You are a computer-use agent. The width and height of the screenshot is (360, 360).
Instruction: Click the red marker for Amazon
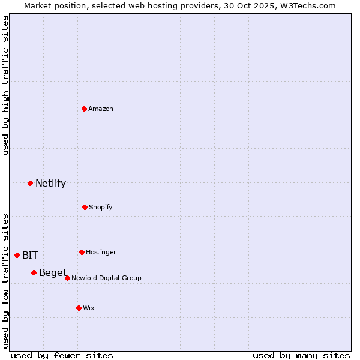tap(85, 109)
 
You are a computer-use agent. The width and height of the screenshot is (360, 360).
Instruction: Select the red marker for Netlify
tap(30, 183)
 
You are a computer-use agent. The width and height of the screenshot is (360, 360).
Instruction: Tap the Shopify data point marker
tap(85, 207)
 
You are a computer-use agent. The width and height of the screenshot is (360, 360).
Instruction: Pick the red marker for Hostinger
tap(82, 252)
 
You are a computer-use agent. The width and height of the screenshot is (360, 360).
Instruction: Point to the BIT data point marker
tap(17, 255)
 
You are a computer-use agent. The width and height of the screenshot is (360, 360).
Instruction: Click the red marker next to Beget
tap(34, 273)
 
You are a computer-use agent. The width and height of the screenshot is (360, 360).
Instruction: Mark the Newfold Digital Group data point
tap(67, 278)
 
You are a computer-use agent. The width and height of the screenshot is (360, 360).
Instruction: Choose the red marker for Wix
tap(79, 308)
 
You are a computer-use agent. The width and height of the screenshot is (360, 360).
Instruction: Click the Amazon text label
tap(101, 109)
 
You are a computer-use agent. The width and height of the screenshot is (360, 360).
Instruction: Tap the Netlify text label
tap(50, 183)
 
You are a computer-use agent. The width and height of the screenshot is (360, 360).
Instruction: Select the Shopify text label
tap(101, 207)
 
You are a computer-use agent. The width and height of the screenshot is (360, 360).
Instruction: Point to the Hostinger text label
tap(101, 252)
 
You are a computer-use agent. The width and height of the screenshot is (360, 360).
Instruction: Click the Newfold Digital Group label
tap(106, 278)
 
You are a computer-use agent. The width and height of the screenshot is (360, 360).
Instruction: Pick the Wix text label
tap(89, 308)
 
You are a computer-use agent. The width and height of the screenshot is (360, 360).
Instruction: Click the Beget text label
tap(53, 273)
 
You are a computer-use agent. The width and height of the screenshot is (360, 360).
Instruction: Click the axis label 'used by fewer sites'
tap(62, 355)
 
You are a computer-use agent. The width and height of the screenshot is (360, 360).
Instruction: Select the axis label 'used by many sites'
tap(301, 355)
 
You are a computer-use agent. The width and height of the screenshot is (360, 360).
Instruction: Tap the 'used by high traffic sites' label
tap(5, 85)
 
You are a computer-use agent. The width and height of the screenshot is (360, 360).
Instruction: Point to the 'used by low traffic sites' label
tap(5, 281)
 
